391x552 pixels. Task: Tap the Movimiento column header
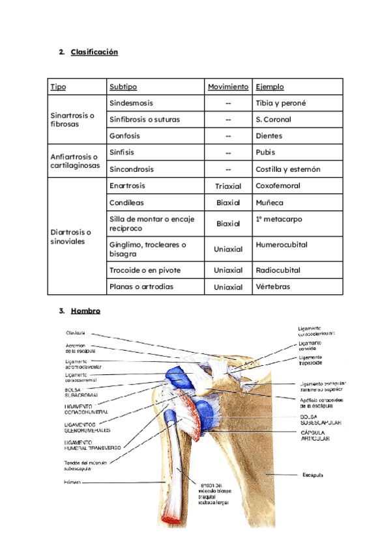coord(228,87)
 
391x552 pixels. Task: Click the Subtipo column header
coord(123,87)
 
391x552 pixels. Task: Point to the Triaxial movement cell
coord(228,186)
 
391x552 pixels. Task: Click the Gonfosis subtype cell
coord(125,136)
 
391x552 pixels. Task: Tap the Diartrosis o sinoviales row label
coord(71,237)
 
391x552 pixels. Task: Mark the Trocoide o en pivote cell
coord(145,270)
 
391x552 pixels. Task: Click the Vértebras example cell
coord(273,286)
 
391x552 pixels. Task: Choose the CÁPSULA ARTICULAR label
coord(315,435)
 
